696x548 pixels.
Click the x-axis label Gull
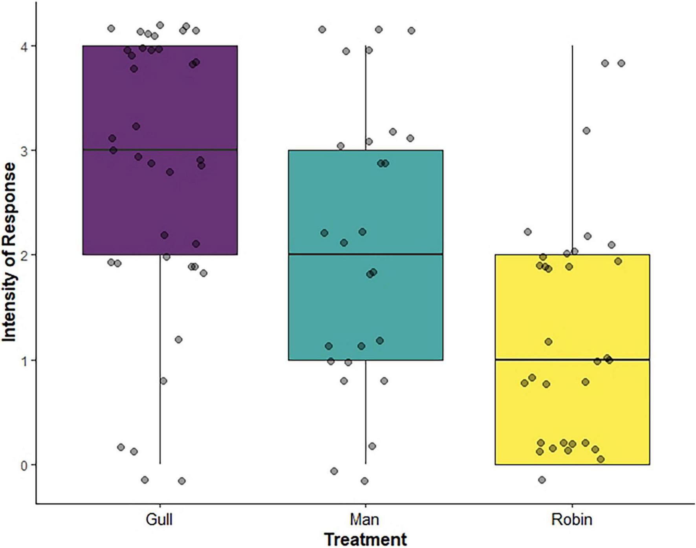coord(159,519)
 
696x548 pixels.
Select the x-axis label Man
coord(365,519)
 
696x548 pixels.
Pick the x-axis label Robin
coord(571,519)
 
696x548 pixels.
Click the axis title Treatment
coord(365,539)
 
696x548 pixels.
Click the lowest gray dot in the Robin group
coord(542,480)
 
